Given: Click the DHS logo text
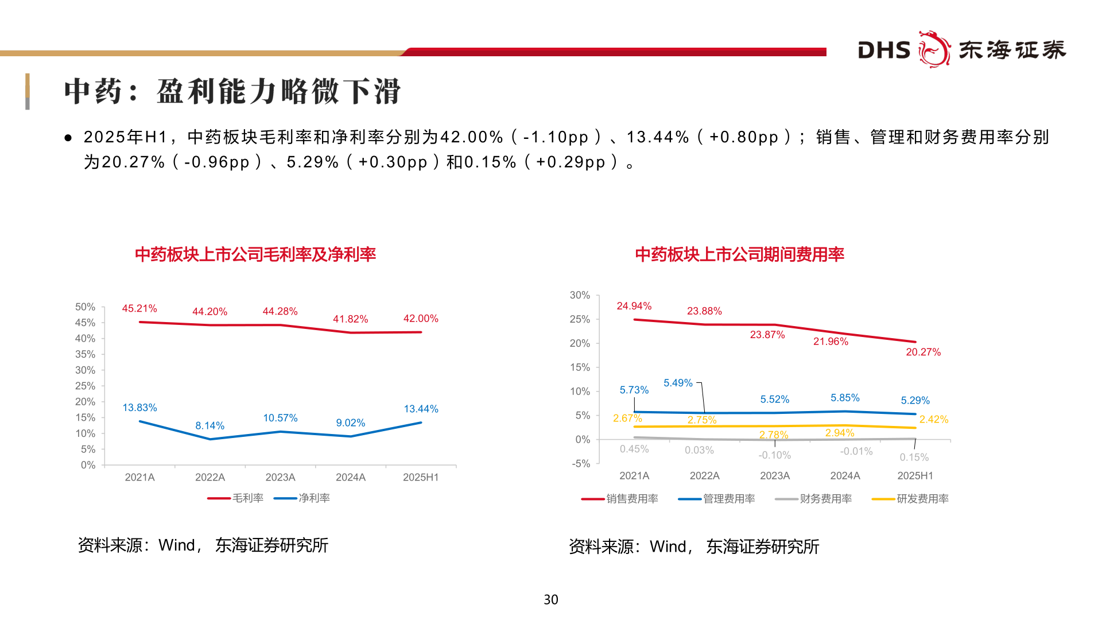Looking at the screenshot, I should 884,51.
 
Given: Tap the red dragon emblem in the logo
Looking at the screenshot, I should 934,49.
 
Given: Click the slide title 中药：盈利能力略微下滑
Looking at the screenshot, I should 232,92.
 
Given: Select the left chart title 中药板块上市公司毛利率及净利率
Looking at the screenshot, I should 255,254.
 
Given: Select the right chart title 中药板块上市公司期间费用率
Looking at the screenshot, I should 739,254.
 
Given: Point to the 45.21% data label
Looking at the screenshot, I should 139,309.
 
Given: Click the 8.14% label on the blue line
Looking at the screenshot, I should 209,426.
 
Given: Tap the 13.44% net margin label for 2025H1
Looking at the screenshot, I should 421,409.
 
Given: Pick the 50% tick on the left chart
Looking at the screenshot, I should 85,307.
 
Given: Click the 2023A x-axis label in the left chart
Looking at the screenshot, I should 280,478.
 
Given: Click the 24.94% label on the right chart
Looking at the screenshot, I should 634,306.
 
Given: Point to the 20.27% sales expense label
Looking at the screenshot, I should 923,352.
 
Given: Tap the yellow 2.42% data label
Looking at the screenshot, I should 933,420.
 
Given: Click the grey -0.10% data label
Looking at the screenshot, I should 774,455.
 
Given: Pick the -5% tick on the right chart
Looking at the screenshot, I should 581,464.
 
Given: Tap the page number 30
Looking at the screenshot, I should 550,600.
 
